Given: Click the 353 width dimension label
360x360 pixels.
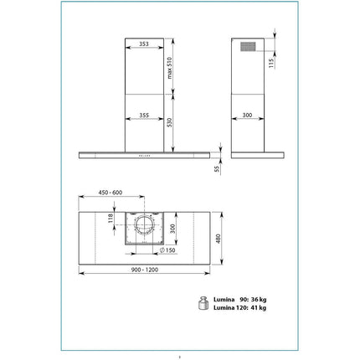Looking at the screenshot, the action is [x=144, y=44].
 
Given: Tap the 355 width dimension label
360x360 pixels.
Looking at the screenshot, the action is [x=144, y=115].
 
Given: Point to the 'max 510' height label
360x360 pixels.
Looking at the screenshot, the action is [x=170, y=68].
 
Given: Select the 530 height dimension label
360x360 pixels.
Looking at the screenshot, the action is [x=169, y=123].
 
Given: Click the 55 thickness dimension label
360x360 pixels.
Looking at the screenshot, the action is [x=218, y=168].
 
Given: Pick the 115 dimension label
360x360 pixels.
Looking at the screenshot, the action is [x=271, y=63].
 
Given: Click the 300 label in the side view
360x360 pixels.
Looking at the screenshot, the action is [x=247, y=115].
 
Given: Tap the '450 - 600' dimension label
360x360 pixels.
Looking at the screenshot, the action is [x=111, y=193].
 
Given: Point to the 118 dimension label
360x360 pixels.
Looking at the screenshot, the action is [x=111, y=218].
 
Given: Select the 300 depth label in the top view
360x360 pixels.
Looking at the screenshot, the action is [x=172, y=229].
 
